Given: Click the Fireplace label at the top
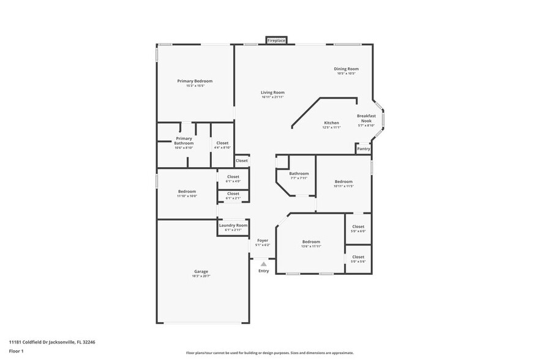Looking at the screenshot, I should pyautogui.click(x=277, y=40).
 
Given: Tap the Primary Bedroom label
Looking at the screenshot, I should pyautogui.click(x=195, y=81).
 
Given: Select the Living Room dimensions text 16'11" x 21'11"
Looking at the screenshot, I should pyautogui.click(x=273, y=97).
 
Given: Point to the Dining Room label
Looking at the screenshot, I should pyautogui.click(x=346, y=69).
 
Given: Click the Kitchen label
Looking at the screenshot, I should pyautogui.click(x=331, y=122).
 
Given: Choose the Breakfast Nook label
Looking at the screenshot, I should pyautogui.click(x=366, y=118).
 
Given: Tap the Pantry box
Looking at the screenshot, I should pyautogui.click(x=364, y=148).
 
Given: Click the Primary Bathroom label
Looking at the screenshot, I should pyautogui.click(x=184, y=141).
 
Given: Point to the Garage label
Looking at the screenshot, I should pyautogui.click(x=201, y=271).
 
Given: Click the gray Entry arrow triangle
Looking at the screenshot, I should pyautogui.click(x=264, y=264).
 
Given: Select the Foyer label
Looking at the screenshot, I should pyautogui.click(x=263, y=241).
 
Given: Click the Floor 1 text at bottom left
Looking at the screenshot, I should pyautogui.click(x=17, y=351).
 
